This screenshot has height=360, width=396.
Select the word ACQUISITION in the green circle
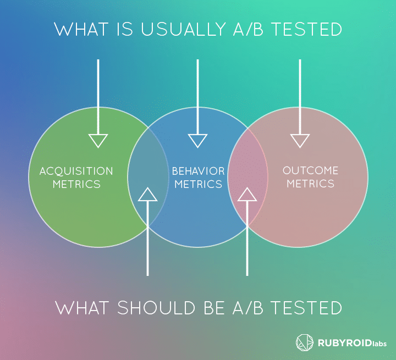pyautogui.click(x=76, y=171)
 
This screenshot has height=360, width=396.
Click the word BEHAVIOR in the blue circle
pyautogui.click(x=198, y=171)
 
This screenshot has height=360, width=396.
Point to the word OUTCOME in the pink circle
pyautogui.click(x=311, y=171)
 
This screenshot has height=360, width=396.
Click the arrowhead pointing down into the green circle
pyautogui.click(x=98, y=141)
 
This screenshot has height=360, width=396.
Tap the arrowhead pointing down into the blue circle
pyautogui.click(x=197, y=141)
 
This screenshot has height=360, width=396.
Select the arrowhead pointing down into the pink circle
pyautogui.click(x=300, y=141)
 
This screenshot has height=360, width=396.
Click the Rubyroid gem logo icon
pyautogui.click(x=305, y=343)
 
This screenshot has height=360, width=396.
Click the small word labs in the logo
pyautogui.click(x=378, y=344)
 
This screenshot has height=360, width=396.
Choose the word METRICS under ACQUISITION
pyautogui.click(x=76, y=184)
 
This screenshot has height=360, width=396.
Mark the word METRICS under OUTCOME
pyautogui.click(x=311, y=184)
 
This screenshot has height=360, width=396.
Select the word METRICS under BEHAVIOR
pyautogui.click(x=198, y=184)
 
